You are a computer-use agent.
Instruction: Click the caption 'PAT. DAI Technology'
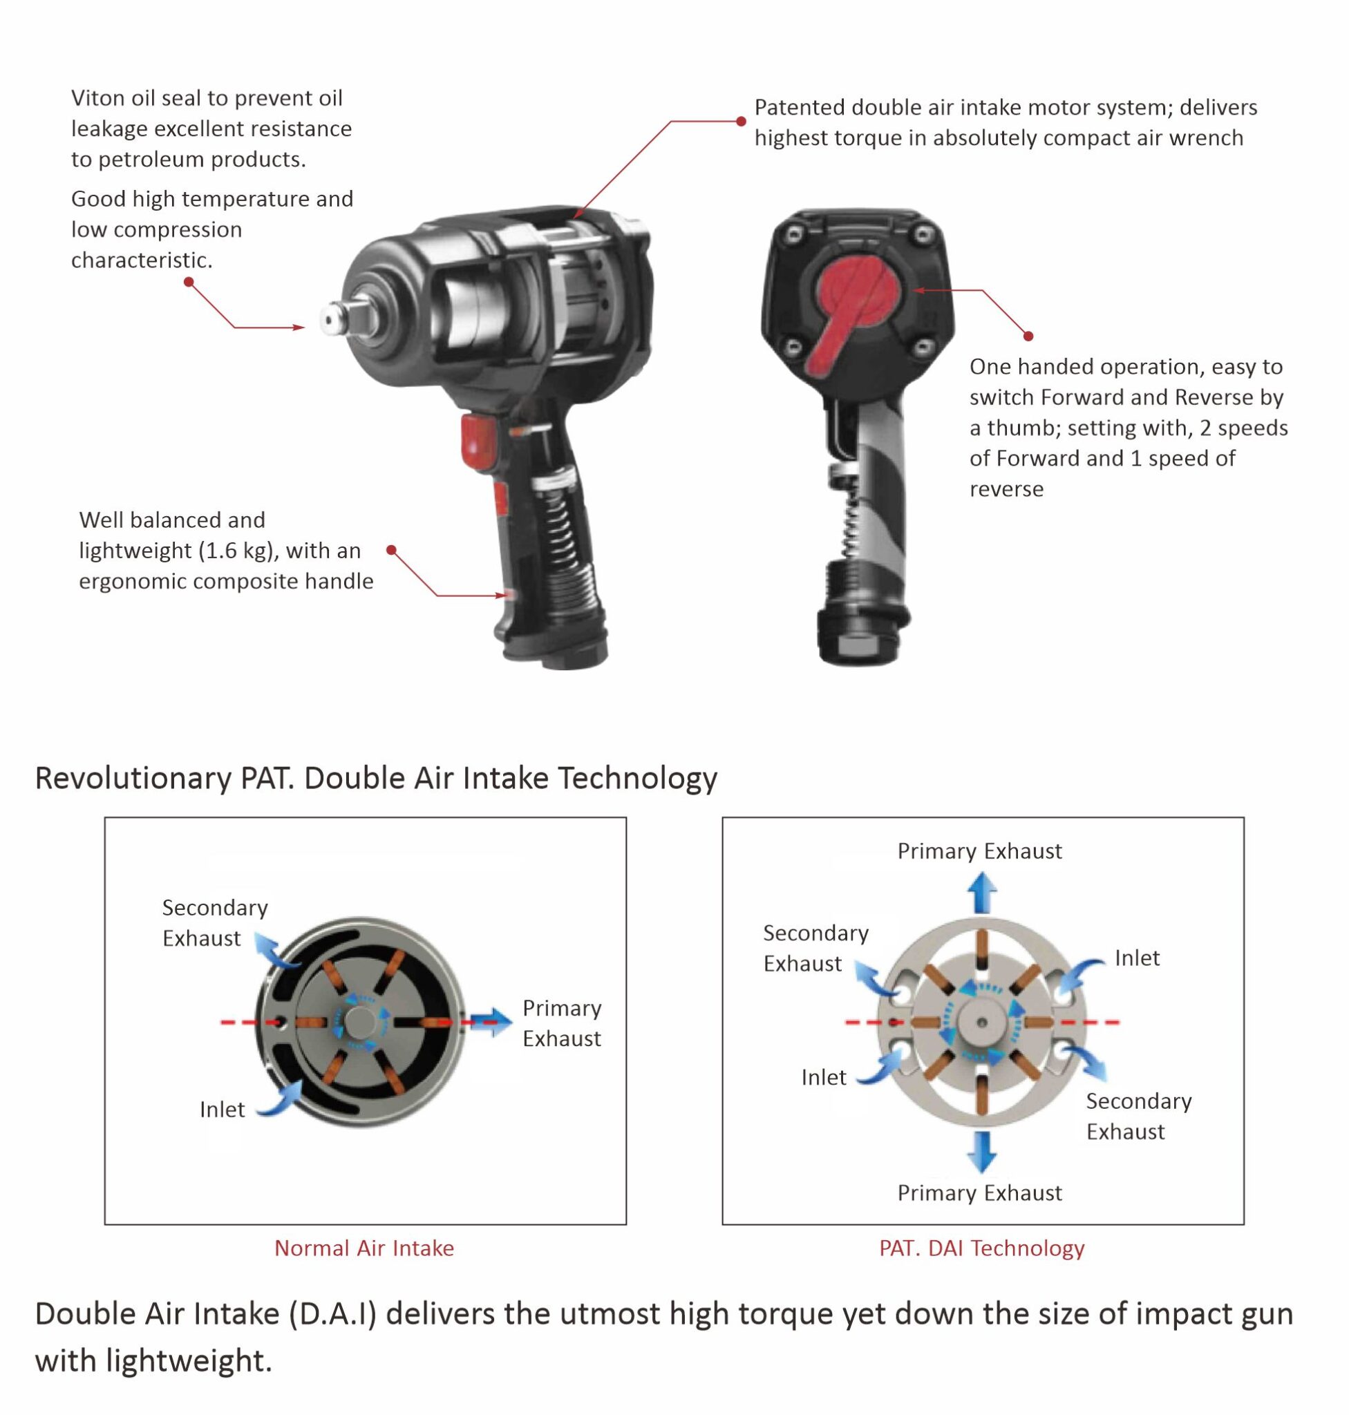(x=981, y=1248)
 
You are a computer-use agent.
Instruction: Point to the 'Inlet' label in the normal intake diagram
(x=223, y=1110)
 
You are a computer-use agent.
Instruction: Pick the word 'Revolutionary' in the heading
(x=133, y=778)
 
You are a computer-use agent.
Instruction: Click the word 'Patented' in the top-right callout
(x=799, y=107)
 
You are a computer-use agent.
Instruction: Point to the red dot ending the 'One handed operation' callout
(x=1028, y=336)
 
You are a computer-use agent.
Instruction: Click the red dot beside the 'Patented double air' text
(x=742, y=122)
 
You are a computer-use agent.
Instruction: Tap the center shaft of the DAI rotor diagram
(x=981, y=1022)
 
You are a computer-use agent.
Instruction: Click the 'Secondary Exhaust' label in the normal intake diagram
(x=214, y=922)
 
